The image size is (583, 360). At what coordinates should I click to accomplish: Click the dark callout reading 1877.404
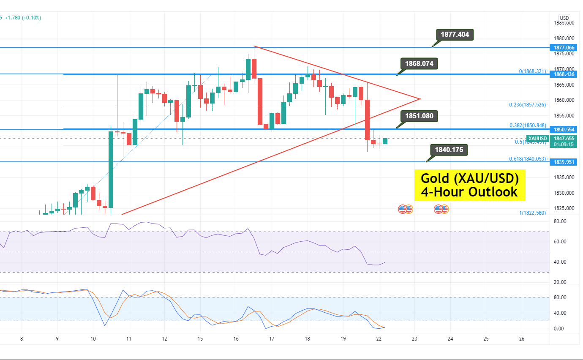(455, 35)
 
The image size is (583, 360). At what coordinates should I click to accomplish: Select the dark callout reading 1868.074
(420, 64)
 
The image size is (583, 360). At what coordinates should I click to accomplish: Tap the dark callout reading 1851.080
(420, 116)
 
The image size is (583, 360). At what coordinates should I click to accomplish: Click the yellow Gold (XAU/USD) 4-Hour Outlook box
(469, 185)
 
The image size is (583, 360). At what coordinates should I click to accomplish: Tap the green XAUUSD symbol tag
(537, 138)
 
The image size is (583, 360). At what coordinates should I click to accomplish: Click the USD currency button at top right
(564, 18)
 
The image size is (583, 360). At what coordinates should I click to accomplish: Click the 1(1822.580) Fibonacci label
(532, 213)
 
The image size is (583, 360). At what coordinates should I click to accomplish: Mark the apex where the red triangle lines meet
(420, 99)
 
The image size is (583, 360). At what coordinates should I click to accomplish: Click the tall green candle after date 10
(111, 169)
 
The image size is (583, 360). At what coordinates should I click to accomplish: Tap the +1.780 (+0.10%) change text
(23, 18)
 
